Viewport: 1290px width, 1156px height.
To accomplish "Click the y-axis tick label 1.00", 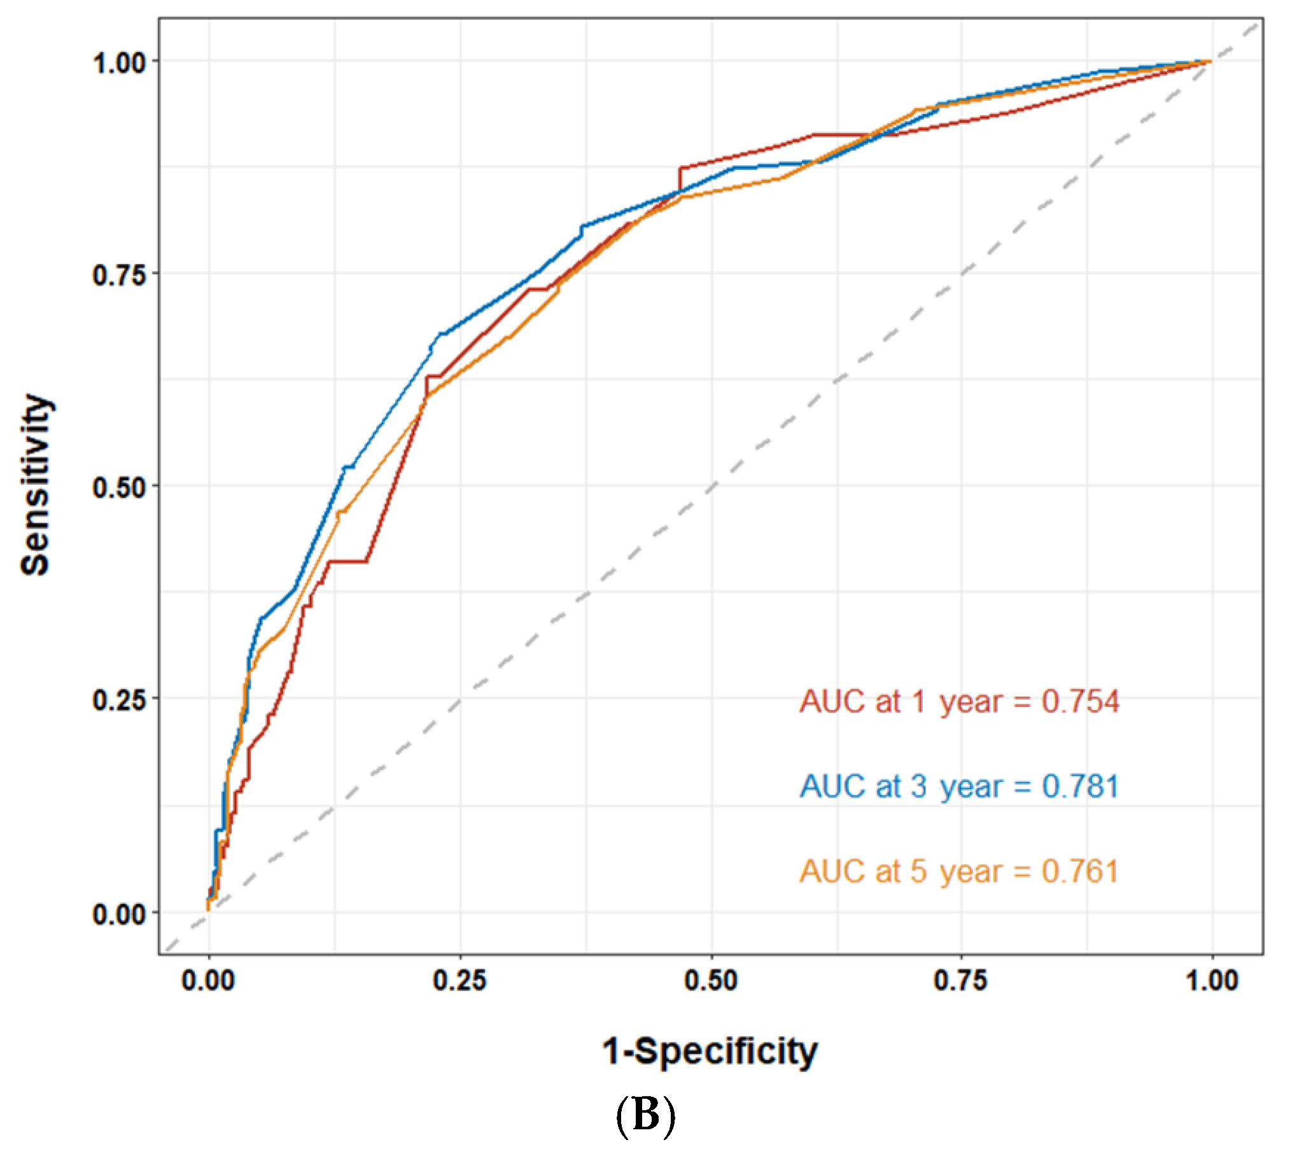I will (x=119, y=63).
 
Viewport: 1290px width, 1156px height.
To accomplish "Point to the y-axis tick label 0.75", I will (x=119, y=275).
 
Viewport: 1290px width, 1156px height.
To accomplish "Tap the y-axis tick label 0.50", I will (x=119, y=488).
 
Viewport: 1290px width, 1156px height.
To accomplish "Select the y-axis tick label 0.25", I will (x=119, y=700).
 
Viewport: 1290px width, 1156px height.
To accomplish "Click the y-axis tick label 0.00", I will (x=119, y=914).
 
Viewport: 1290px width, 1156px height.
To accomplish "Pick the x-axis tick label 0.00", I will (x=208, y=980).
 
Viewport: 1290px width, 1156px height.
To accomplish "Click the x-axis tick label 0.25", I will (x=459, y=980).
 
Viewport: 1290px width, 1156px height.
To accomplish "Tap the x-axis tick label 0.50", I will (x=711, y=980).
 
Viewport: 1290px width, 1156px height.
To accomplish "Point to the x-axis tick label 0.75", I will (x=961, y=980).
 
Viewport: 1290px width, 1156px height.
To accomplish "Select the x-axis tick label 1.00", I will (x=1212, y=980).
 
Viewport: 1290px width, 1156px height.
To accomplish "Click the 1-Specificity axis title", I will (x=710, y=1052).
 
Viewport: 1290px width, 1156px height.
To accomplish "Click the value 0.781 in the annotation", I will (x=1080, y=786).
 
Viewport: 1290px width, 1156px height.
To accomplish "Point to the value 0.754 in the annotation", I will (x=1080, y=702).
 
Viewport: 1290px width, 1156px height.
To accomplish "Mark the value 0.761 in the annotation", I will (x=1080, y=872).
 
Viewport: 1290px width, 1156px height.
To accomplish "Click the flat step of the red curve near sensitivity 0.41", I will (x=347, y=561).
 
